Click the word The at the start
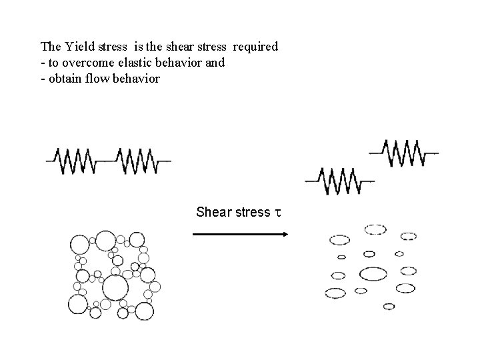tap(51, 47)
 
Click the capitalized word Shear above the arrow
tap(211, 213)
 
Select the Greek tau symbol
tap(277, 213)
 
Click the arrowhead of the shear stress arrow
tap(284, 234)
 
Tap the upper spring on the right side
tap(403, 152)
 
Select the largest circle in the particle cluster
tap(115, 289)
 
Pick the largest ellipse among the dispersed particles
tap(373, 273)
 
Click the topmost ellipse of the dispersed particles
tap(375, 229)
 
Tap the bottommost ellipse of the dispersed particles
tap(389, 307)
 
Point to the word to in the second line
tap(52, 63)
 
